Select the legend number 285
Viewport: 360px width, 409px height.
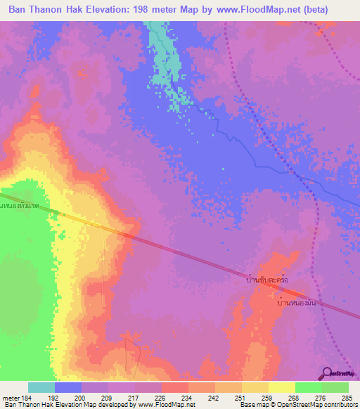[x=347, y=397]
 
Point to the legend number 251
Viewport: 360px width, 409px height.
[x=240, y=397]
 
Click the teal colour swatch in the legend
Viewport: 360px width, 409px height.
[x=41, y=387]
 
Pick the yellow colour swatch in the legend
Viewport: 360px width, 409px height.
[x=281, y=387]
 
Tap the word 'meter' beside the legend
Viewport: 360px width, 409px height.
[x=11, y=397]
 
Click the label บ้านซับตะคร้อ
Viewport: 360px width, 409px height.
[x=264, y=280]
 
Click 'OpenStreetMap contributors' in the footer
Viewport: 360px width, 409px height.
[x=319, y=405]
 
